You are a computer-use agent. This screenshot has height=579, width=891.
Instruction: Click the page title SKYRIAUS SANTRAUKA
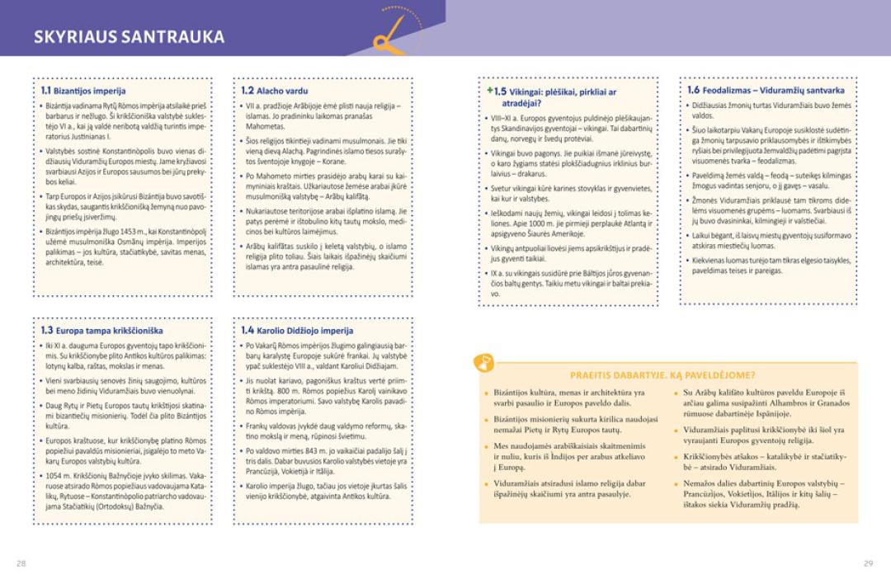(x=129, y=36)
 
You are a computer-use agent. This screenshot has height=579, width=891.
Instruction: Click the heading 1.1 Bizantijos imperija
(x=83, y=91)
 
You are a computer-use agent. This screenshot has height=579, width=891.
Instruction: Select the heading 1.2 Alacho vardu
(x=275, y=91)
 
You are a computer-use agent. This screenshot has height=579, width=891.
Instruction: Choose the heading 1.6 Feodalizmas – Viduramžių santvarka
(x=766, y=91)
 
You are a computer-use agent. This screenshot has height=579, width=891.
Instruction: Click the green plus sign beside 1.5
(x=489, y=90)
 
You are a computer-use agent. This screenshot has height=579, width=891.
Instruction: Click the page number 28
(x=21, y=563)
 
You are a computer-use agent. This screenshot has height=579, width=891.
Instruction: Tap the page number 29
(x=868, y=563)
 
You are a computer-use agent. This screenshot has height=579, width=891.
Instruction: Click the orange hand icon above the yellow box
(x=484, y=362)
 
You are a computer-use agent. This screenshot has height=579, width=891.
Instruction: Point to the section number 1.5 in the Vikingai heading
(x=500, y=92)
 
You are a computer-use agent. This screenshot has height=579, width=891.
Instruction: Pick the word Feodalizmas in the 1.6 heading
(x=728, y=91)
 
